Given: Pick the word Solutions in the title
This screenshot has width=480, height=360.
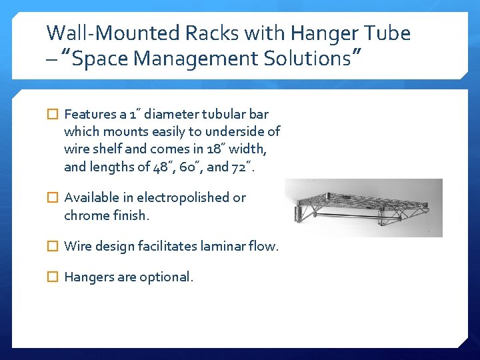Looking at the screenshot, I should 305,59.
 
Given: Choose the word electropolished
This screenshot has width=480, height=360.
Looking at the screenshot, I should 191,197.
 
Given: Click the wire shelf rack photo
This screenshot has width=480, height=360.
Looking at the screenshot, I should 363,207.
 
